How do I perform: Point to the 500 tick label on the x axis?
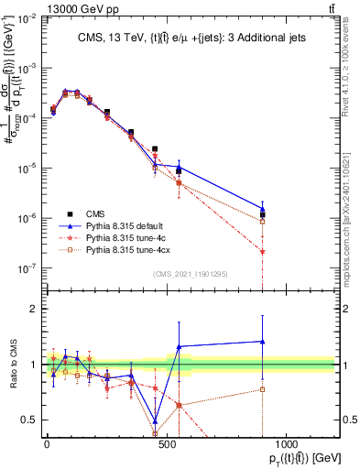(166, 443)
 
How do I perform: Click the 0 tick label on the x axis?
(47, 443)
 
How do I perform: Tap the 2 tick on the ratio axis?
(34, 309)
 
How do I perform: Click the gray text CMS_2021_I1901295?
(190, 275)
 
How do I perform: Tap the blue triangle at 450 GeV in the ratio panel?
(155, 411)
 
